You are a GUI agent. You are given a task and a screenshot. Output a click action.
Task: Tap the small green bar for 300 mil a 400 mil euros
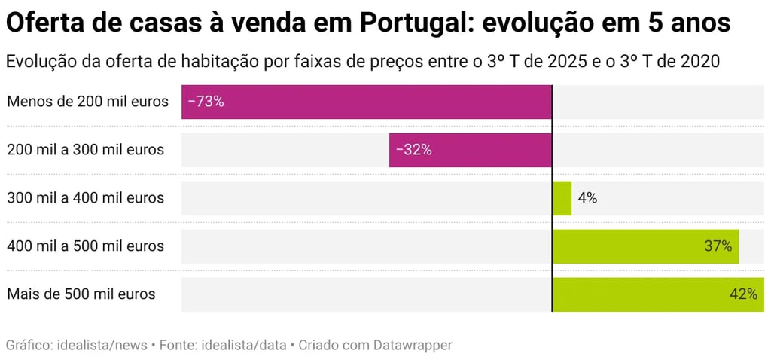pos(562,198)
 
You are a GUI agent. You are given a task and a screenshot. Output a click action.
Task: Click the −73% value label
pos(206,102)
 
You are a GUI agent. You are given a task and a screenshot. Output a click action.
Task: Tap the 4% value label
pos(587,198)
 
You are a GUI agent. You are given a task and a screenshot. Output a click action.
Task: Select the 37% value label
pos(718,246)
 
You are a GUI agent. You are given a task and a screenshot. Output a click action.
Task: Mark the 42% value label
pos(743,294)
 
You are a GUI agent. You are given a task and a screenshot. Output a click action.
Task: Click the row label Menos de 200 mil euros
pos(87,102)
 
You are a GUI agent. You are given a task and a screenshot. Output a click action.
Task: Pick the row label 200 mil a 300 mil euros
pos(85,150)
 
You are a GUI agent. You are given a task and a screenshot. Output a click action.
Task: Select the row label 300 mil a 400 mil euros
pos(85,198)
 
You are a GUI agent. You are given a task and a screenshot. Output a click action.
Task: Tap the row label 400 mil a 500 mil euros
pos(85,246)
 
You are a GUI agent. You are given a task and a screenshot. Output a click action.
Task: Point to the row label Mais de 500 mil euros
pos(81,294)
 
